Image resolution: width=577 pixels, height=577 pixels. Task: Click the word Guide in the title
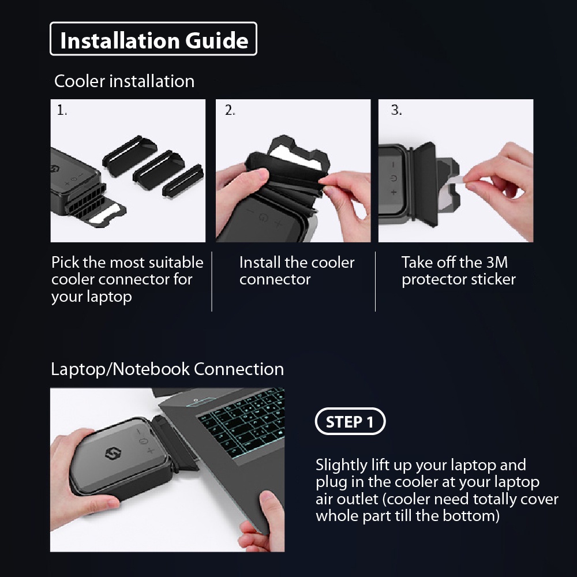[x=217, y=40]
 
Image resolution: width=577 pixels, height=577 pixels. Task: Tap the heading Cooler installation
[x=125, y=81]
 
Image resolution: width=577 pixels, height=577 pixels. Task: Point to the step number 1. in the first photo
[x=62, y=110]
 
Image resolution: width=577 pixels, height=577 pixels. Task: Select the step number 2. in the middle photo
[x=230, y=110]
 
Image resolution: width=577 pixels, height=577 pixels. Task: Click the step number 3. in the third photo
[x=396, y=110]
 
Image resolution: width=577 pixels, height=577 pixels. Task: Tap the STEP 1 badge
[x=350, y=421]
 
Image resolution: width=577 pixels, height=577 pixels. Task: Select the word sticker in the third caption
[x=493, y=279]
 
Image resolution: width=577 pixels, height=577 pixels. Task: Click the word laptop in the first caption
[x=110, y=297]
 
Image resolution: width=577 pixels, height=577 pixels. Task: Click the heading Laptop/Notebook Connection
[x=167, y=369]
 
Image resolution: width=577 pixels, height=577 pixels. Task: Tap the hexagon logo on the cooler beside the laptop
[x=113, y=454]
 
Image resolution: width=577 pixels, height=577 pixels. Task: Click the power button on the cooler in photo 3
[x=394, y=178]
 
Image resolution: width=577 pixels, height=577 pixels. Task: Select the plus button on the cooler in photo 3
[x=394, y=192]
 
